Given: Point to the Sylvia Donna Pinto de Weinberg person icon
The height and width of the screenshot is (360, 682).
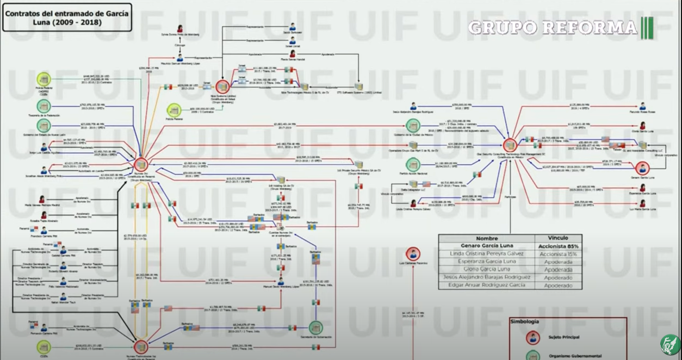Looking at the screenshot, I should pos(179,28).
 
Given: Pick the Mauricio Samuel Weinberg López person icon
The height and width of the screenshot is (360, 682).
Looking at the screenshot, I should pos(179,57).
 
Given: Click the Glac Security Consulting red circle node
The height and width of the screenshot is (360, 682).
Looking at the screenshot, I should pos(510,145).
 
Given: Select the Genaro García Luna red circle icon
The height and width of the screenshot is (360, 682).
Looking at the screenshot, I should pos(642,168).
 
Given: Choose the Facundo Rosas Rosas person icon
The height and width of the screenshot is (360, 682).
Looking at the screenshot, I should pos(642,106).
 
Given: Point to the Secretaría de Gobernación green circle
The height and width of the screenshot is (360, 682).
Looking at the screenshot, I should pos(316,328).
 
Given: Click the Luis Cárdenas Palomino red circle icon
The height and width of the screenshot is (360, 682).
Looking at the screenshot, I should pos(413,254).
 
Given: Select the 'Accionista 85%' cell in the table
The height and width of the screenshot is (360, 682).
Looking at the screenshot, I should pos(558,246).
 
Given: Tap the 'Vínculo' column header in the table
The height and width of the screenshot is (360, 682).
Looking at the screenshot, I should pos(558,238).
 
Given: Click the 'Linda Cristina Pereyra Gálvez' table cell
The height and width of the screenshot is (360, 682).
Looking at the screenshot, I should pos(486,254).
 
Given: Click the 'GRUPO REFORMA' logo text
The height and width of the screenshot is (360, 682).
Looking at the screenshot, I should pos(553,27).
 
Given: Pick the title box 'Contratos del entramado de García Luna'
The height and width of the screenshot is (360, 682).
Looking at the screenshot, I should pos(67,17).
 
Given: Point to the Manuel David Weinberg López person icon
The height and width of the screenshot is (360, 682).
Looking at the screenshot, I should pos(281,281).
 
